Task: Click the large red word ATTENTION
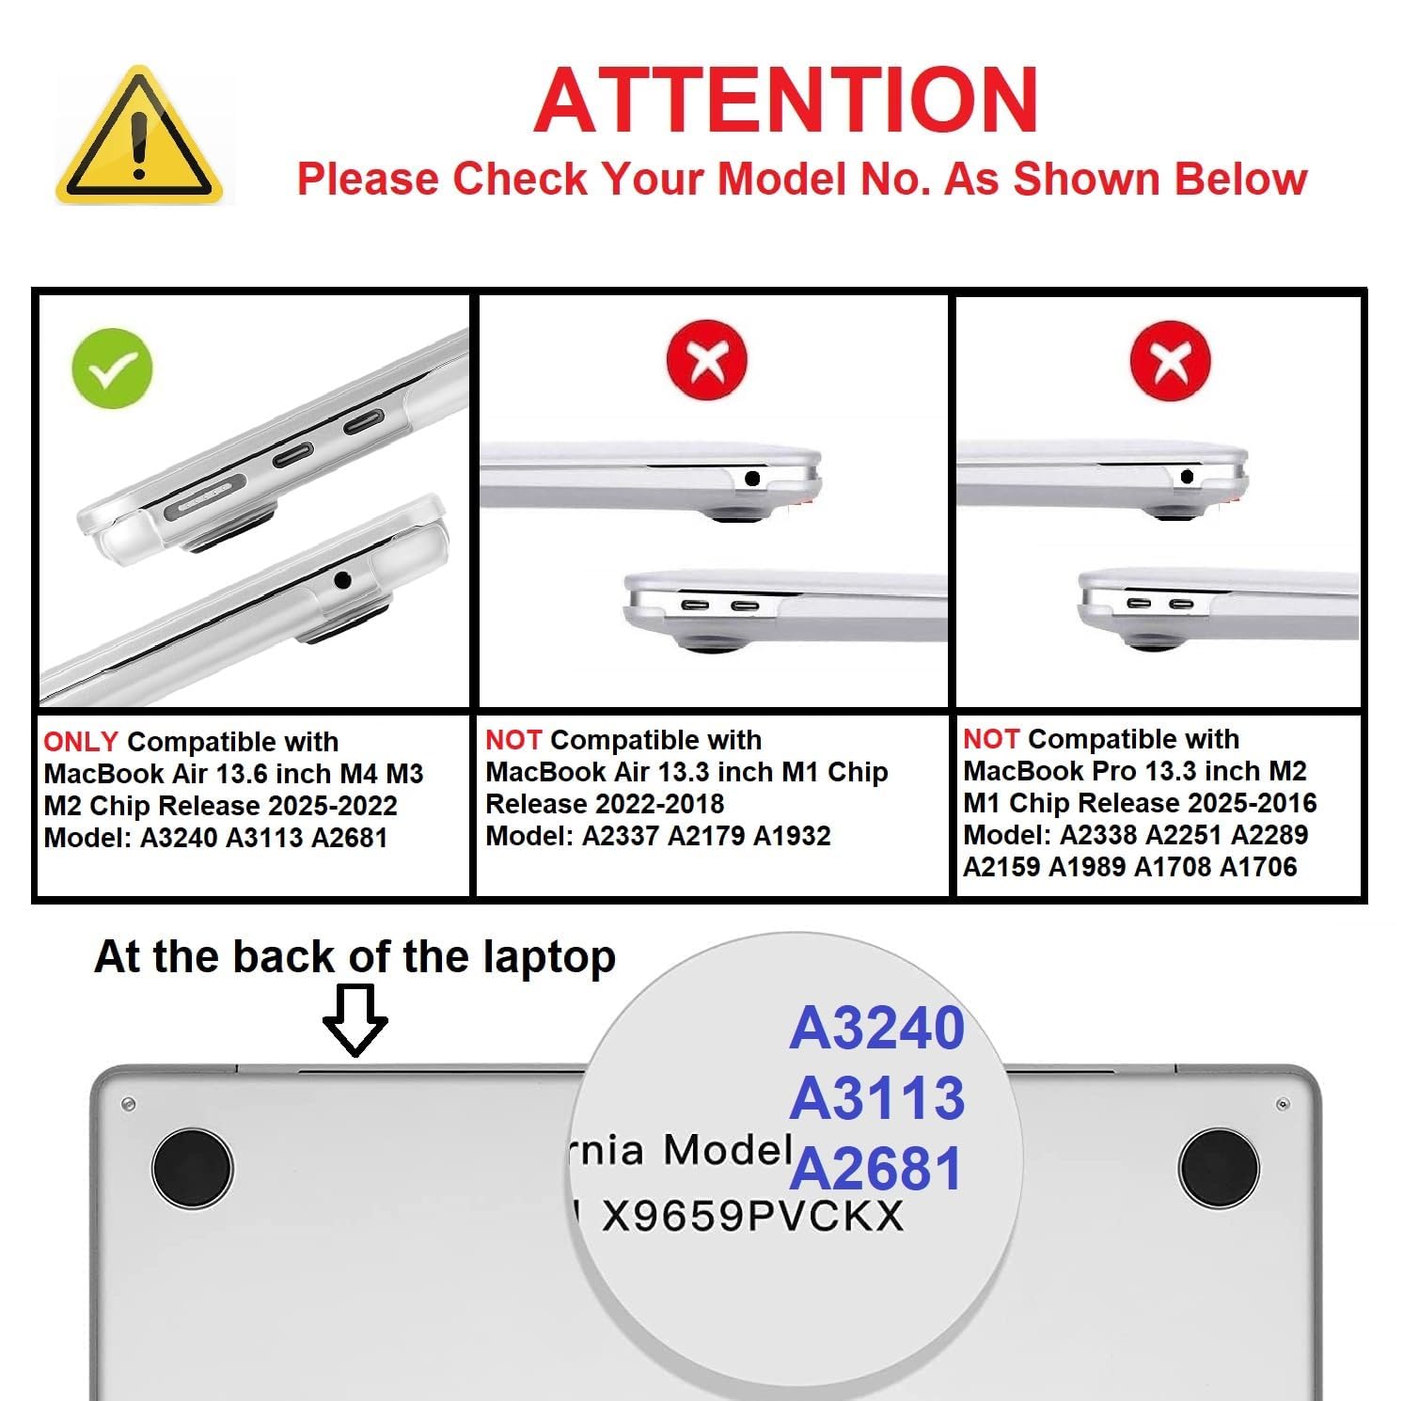click(x=786, y=101)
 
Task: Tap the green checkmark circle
click(x=112, y=368)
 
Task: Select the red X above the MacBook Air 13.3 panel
click(x=706, y=359)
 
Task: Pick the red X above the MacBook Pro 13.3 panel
click(x=1170, y=359)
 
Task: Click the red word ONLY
click(x=81, y=742)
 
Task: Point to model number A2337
click(x=621, y=836)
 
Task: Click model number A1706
click(x=1258, y=867)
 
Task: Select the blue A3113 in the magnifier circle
click(x=877, y=1097)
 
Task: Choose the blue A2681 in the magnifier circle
click(x=876, y=1168)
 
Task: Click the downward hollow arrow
click(x=355, y=1020)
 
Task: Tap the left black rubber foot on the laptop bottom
click(x=192, y=1166)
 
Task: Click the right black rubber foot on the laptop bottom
click(x=1219, y=1166)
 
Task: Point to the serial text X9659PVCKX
click(x=752, y=1216)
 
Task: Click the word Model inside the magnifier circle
click(x=728, y=1149)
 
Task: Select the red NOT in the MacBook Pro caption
click(x=991, y=739)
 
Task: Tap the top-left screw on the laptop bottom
click(x=129, y=1103)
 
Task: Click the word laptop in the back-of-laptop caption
click(x=549, y=958)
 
